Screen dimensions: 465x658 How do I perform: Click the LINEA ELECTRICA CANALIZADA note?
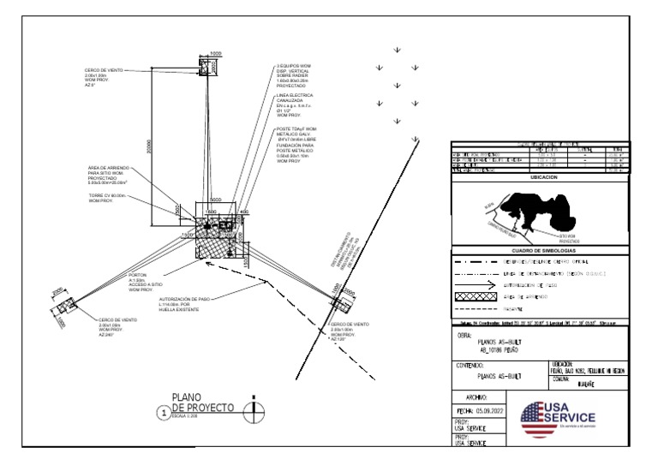[296, 105]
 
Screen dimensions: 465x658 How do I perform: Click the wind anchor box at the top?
[206, 68]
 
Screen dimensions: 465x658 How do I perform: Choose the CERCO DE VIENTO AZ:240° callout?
[117, 326]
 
